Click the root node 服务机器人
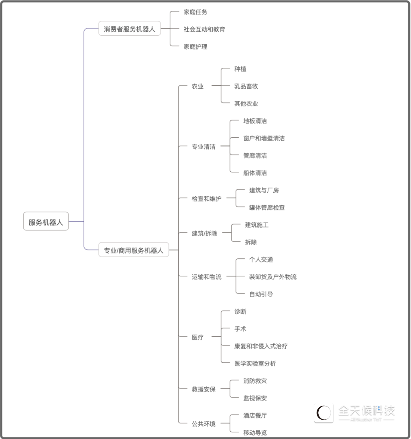pyautogui.click(x=46, y=222)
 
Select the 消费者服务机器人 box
pyautogui.click(x=130, y=29)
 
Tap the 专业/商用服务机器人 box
pyautogui.click(x=134, y=250)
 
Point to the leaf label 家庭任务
pyautogui.click(x=195, y=12)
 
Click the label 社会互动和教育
pyautogui.click(x=204, y=29)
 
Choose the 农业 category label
pyautogui.click(x=197, y=86)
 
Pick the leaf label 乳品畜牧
pyautogui.click(x=246, y=86)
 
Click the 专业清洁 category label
pyautogui.click(x=203, y=147)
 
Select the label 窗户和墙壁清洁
pyautogui.click(x=264, y=138)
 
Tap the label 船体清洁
pyautogui.click(x=255, y=173)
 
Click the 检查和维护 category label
pyautogui.click(x=206, y=199)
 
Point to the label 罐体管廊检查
pyautogui.click(x=267, y=207)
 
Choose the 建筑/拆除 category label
pyautogui.click(x=204, y=233)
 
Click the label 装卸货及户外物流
pyautogui.click(x=273, y=277)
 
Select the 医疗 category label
pyautogui.click(x=197, y=337)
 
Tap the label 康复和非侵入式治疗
pyautogui.click(x=261, y=346)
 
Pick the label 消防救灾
pyautogui.click(x=255, y=381)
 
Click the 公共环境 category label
pyautogui.click(x=203, y=424)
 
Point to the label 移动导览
pyautogui.click(x=255, y=433)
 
